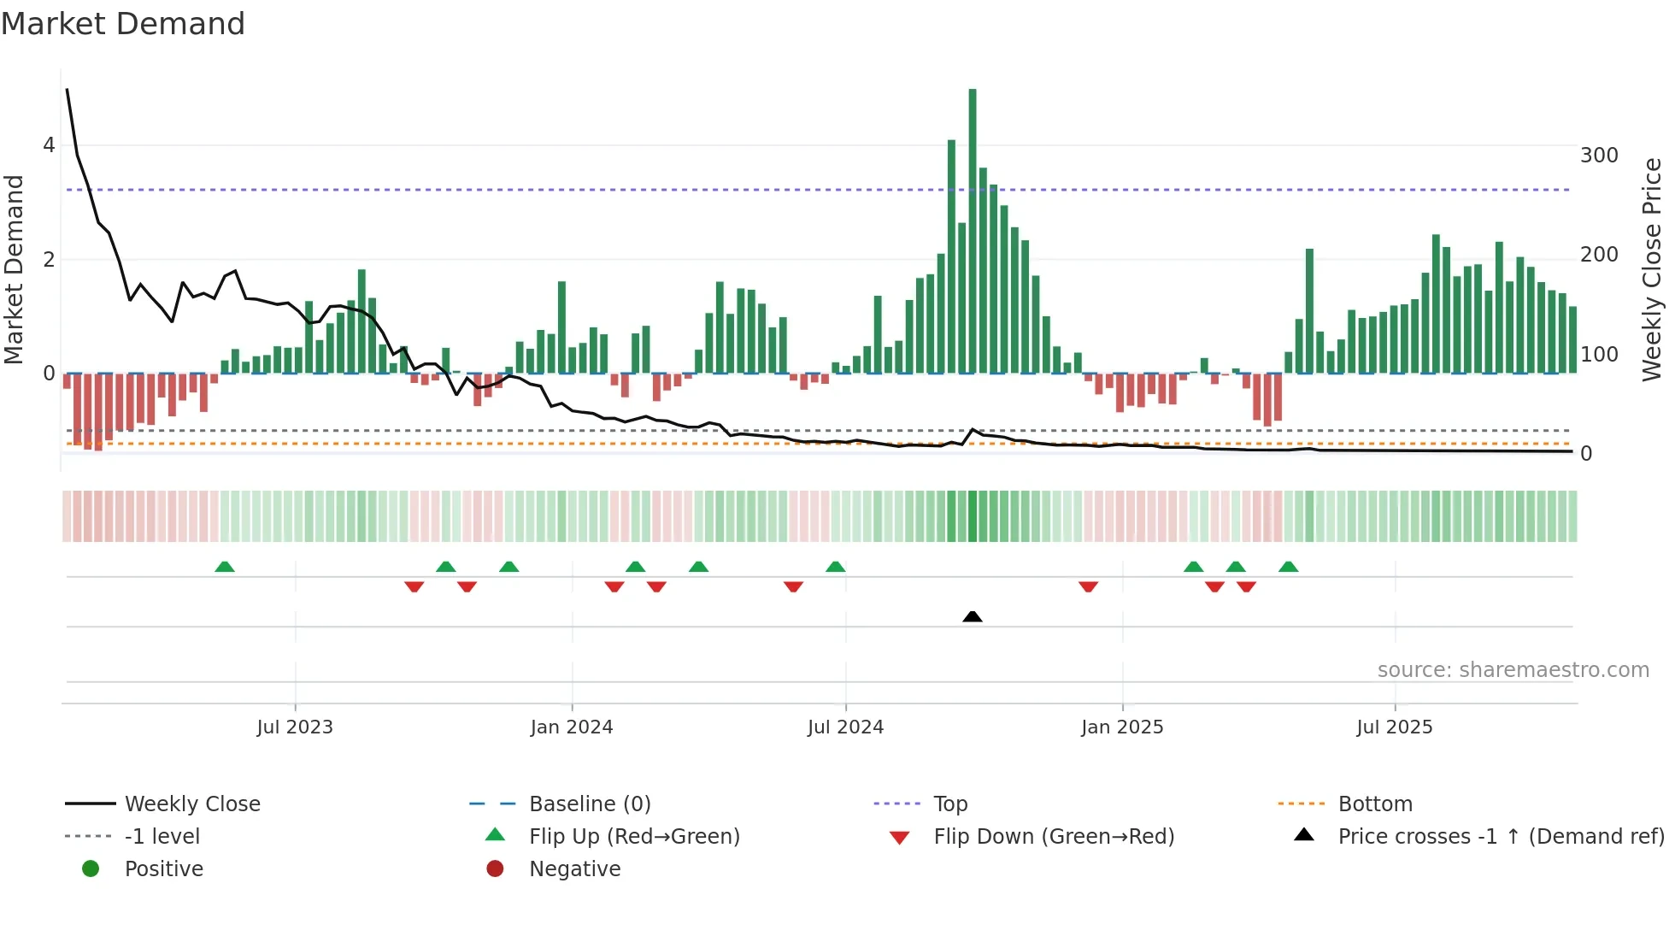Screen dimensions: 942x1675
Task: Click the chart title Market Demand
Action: pyautogui.click(x=123, y=24)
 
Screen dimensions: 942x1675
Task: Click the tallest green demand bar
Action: pyautogui.click(x=973, y=231)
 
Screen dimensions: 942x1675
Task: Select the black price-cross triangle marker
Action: pyautogui.click(x=973, y=616)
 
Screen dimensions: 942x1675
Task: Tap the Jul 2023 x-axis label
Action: pyautogui.click(x=295, y=727)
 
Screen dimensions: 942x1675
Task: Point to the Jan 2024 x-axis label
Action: pyautogui.click(x=572, y=727)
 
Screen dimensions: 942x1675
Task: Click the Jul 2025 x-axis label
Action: pyautogui.click(x=1395, y=727)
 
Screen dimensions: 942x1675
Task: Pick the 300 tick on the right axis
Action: pyautogui.click(x=1599, y=156)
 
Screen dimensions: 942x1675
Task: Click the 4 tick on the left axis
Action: pyautogui.click(x=49, y=145)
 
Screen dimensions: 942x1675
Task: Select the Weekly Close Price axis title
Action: pyautogui.click(x=1652, y=269)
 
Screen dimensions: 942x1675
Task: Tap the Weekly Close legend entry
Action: pyautogui.click(x=192, y=804)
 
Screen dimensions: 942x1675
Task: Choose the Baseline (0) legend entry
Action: pyautogui.click(x=590, y=804)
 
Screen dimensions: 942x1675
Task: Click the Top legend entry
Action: pyautogui.click(x=950, y=804)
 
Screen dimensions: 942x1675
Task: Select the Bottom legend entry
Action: pyautogui.click(x=1375, y=804)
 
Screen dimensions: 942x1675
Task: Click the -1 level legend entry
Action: pyautogui.click(x=162, y=837)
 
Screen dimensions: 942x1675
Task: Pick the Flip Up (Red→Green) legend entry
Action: pyautogui.click(x=634, y=837)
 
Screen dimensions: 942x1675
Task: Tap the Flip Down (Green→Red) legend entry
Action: pyautogui.click(x=1054, y=837)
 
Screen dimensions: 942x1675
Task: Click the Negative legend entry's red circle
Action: pyautogui.click(x=495, y=869)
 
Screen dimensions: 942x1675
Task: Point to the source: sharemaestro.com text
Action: pyautogui.click(x=1513, y=670)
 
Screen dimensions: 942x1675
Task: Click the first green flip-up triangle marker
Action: pyautogui.click(x=225, y=567)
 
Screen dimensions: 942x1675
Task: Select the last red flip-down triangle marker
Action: pyautogui.click(x=1246, y=586)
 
